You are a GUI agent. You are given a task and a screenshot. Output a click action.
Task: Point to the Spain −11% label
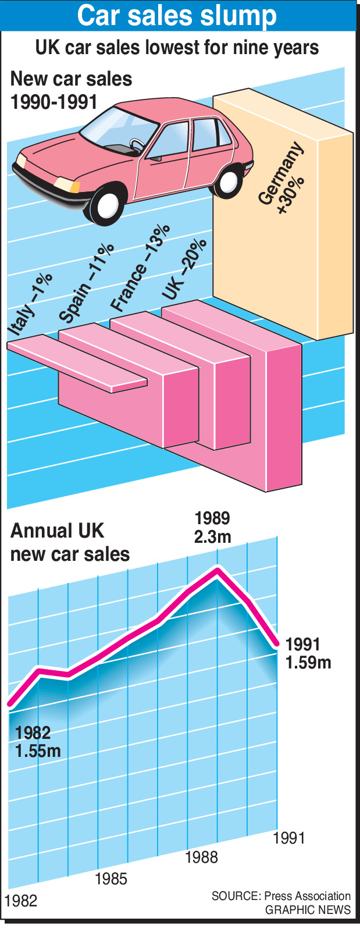[x=86, y=283]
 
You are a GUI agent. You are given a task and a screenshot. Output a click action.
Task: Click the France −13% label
[x=140, y=268]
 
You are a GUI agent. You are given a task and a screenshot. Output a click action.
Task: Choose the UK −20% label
[x=184, y=269]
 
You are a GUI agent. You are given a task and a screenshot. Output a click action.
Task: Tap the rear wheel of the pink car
[x=229, y=181]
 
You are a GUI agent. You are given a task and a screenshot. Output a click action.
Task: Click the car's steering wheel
[x=137, y=144]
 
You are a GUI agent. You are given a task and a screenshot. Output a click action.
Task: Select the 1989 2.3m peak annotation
[x=212, y=527]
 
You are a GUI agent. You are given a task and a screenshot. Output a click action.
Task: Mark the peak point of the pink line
[x=217, y=571]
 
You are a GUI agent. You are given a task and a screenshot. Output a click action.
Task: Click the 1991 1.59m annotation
[x=308, y=653]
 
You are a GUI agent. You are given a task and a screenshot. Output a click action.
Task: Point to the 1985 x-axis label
[x=111, y=878]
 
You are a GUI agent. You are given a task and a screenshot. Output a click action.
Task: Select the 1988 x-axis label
[x=201, y=857]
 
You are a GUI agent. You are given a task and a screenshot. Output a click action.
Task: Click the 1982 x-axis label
[x=21, y=901]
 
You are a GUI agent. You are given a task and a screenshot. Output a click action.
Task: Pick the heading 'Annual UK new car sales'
[x=70, y=542]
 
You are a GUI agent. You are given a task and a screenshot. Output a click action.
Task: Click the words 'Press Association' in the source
[x=307, y=896]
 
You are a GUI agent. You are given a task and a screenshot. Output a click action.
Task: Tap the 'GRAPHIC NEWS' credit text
[x=308, y=910]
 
